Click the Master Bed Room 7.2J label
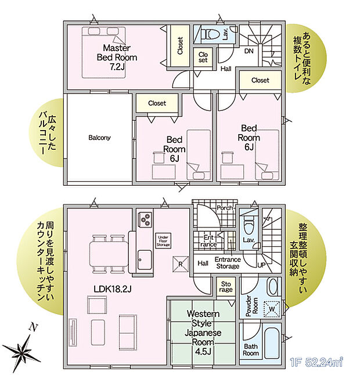coord(120,57)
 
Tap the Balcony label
coord(99,138)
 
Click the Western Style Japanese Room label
coord(203,334)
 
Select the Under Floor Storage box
coord(163,241)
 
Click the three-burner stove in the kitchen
coord(145,221)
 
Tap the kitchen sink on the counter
coord(144,259)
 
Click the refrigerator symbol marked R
coord(181,262)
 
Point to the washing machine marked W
coord(270,309)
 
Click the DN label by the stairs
coord(249,52)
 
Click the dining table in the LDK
coord(106,253)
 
